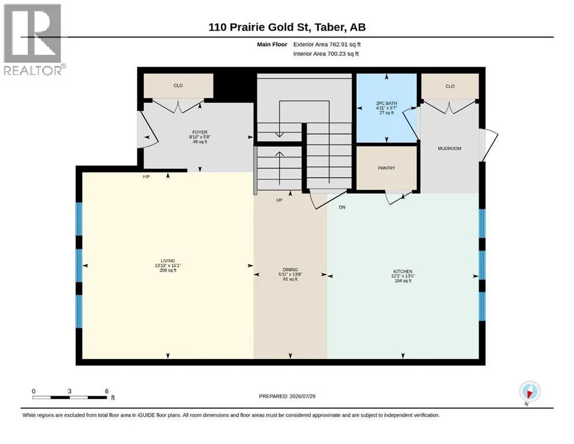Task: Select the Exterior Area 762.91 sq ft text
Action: pos(327,45)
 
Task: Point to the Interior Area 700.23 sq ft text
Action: pos(326,54)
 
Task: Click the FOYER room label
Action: pos(200,132)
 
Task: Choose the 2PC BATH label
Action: pos(387,103)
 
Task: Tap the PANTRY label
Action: pos(387,168)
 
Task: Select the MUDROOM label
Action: pos(450,148)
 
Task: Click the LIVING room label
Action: pos(168,261)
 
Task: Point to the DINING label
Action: pos(290,269)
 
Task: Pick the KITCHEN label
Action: pos(403,271)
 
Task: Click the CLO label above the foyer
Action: pos(178,86)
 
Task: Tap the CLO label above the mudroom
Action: pos(450,86)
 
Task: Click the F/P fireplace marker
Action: pos(146,177)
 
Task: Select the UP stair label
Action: pos(279,200)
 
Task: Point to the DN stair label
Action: pos(342,207)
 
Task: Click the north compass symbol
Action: pos(529,392)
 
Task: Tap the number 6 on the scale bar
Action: pos(106,391)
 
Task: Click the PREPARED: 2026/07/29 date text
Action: pos(287,396)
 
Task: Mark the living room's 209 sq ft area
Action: pos(168,271)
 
